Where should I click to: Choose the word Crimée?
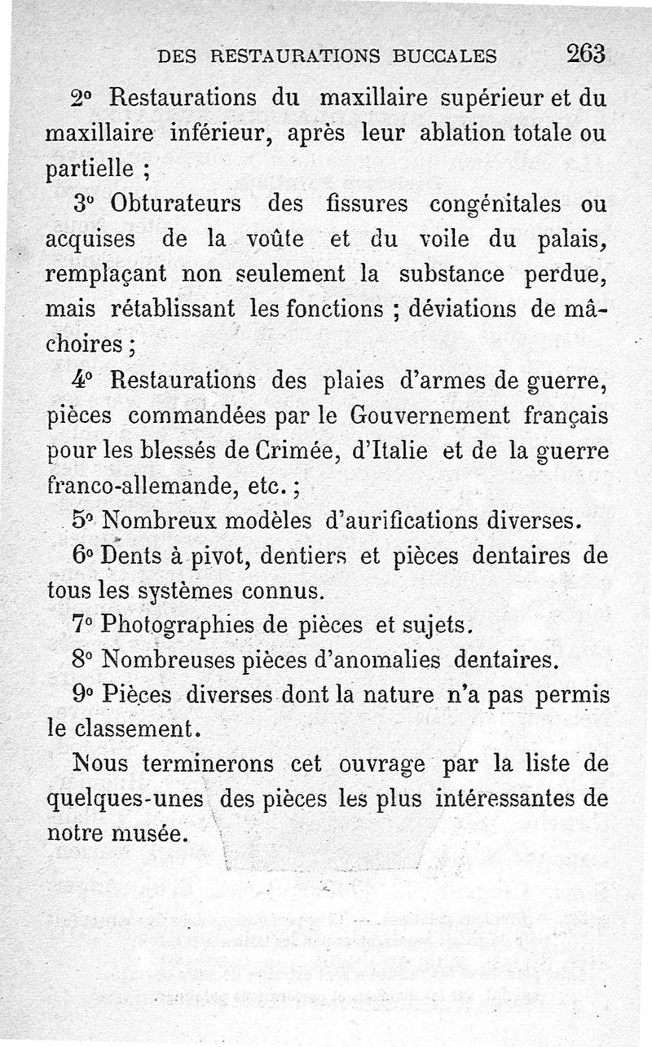pos(297,451)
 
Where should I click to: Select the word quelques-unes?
pos(126,798)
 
